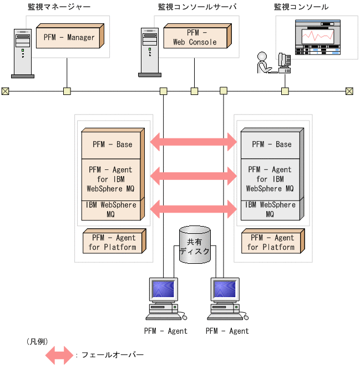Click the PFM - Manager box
(69, 38)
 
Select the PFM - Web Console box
(194, 38)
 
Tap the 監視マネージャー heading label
(59, 7)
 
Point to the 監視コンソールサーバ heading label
(197, 7)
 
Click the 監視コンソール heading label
(301, 7)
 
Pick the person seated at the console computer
(263, 63)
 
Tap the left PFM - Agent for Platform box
(114, 242)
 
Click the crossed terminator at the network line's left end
(5, 91)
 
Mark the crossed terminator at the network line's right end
(349, 91)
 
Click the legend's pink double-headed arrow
(59, 354)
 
